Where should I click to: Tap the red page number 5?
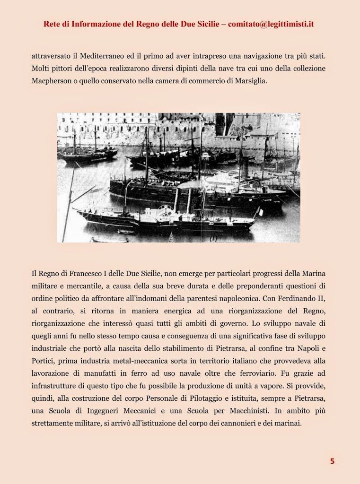[332, 461]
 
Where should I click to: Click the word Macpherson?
[53, 81]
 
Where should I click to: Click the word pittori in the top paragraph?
[64, 68]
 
